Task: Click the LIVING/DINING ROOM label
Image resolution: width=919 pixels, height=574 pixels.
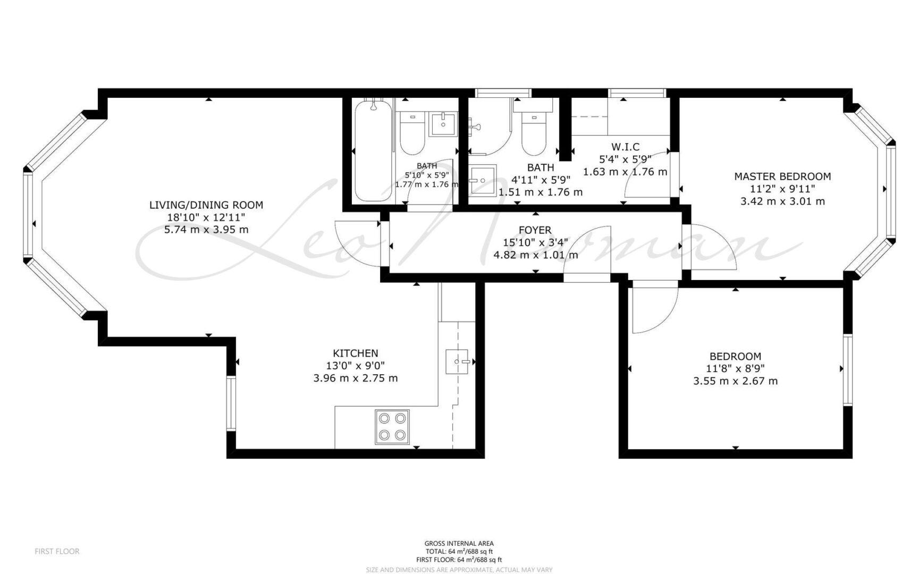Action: pos(206,205)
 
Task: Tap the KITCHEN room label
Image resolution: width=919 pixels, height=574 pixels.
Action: pos(356,353)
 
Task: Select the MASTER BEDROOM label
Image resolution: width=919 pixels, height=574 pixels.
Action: pos(782,176)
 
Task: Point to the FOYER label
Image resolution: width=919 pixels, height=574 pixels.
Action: pos(535,230)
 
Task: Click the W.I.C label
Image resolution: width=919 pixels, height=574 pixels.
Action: pos(625,147)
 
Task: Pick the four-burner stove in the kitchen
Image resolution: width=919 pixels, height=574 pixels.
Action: pos(392,427)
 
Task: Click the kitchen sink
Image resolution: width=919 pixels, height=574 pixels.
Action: pos(458,361)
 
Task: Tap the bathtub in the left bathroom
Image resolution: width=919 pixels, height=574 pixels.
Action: pos(374,151)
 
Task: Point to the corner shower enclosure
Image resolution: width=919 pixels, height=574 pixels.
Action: pos(490,127)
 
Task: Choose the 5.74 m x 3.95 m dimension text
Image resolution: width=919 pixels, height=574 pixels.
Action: pos(207,230)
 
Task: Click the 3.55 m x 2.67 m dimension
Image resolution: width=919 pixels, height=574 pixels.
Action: pos(736,381)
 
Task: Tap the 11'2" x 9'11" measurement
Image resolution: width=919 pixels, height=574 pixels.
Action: pos(782,189)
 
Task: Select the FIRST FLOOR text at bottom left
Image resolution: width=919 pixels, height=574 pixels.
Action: pos(57,552)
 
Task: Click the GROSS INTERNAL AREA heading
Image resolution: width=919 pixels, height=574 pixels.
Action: pos(459,543)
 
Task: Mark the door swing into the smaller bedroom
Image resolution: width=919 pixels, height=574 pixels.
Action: pos(654,310)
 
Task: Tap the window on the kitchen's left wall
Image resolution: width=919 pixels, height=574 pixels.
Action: pos(231,403)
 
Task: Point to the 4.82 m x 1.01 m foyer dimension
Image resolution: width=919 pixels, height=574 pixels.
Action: pos(536,255)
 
